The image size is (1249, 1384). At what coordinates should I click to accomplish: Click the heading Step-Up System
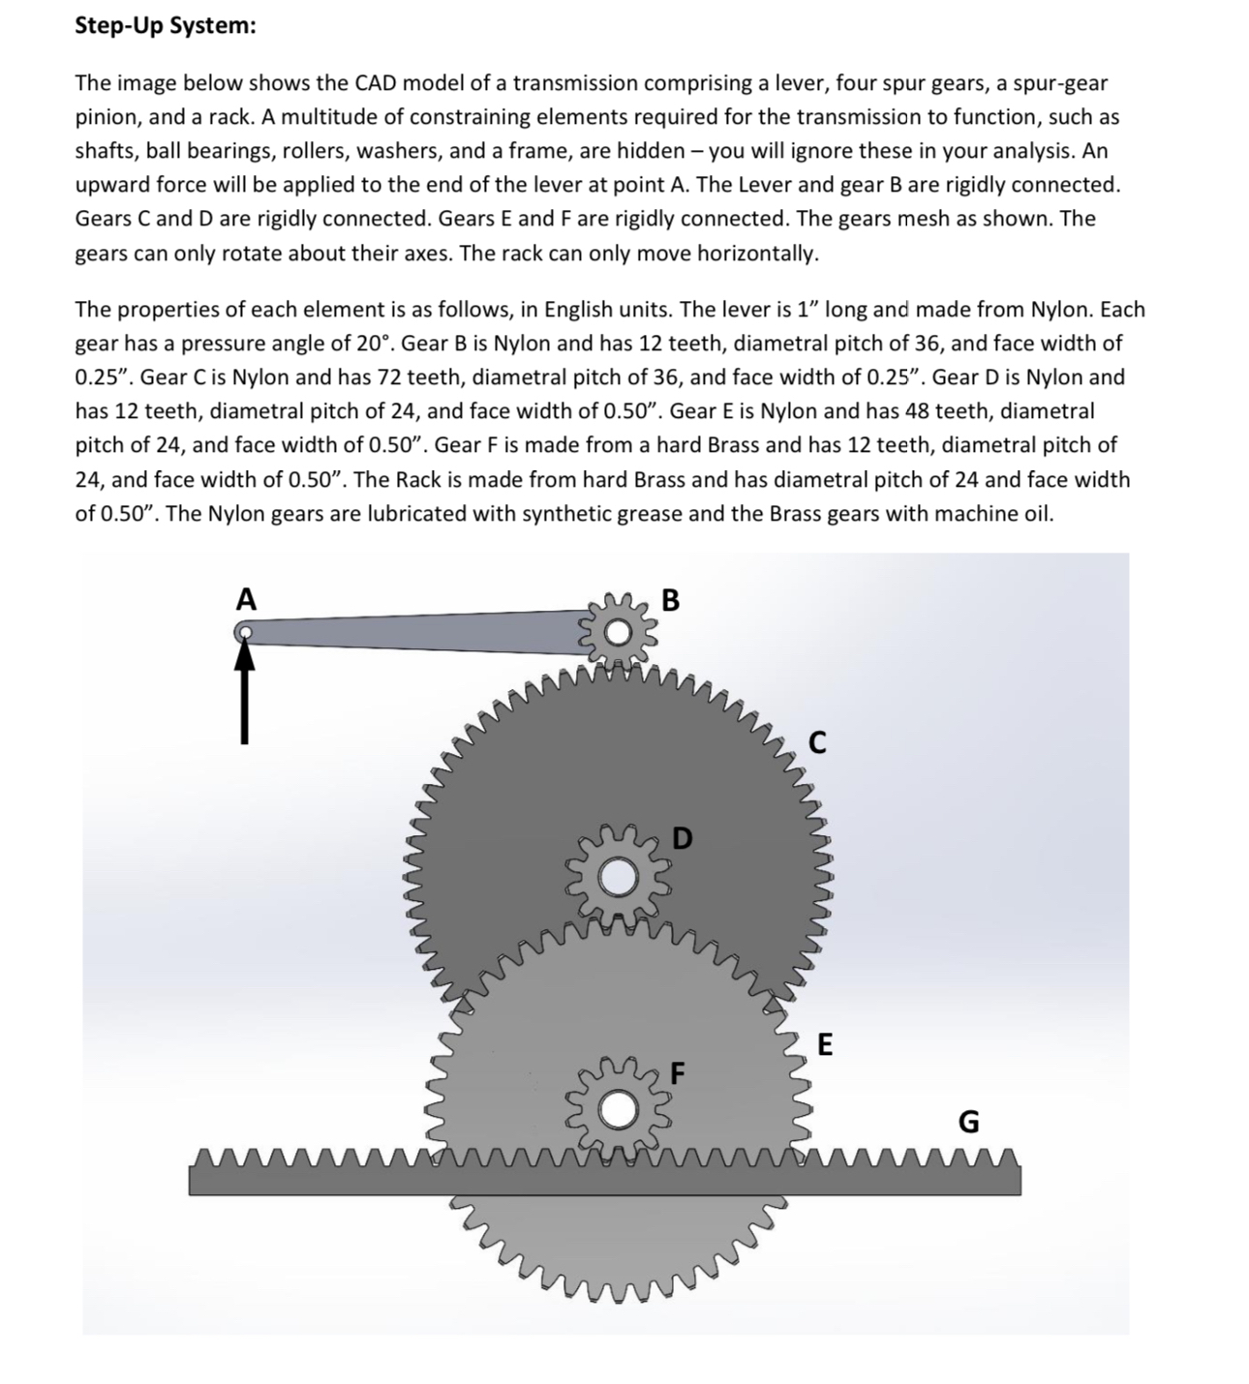coord(166,26)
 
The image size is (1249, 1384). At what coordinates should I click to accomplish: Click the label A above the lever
coord(247,600)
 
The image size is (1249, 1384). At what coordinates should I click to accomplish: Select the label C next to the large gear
coord(817,743)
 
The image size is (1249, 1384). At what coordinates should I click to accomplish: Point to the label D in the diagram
coord(682,838)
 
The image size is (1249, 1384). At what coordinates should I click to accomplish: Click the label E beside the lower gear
coord(824,1045)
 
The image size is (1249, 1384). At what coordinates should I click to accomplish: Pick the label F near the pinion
coord(678,1072)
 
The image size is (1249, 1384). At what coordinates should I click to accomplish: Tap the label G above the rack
coord(967,1122)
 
